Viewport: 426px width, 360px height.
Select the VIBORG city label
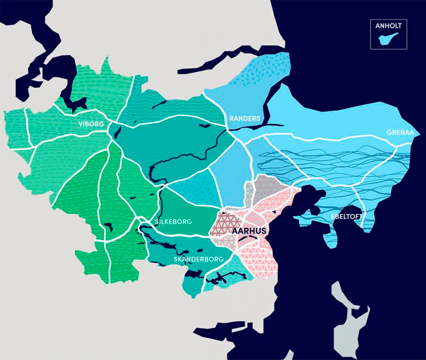(91, 124)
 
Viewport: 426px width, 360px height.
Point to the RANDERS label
(245, 118)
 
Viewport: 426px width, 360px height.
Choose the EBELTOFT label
(346, 216)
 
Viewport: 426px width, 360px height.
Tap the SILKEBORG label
(173, 222)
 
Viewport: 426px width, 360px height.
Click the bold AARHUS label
(249, 231)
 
